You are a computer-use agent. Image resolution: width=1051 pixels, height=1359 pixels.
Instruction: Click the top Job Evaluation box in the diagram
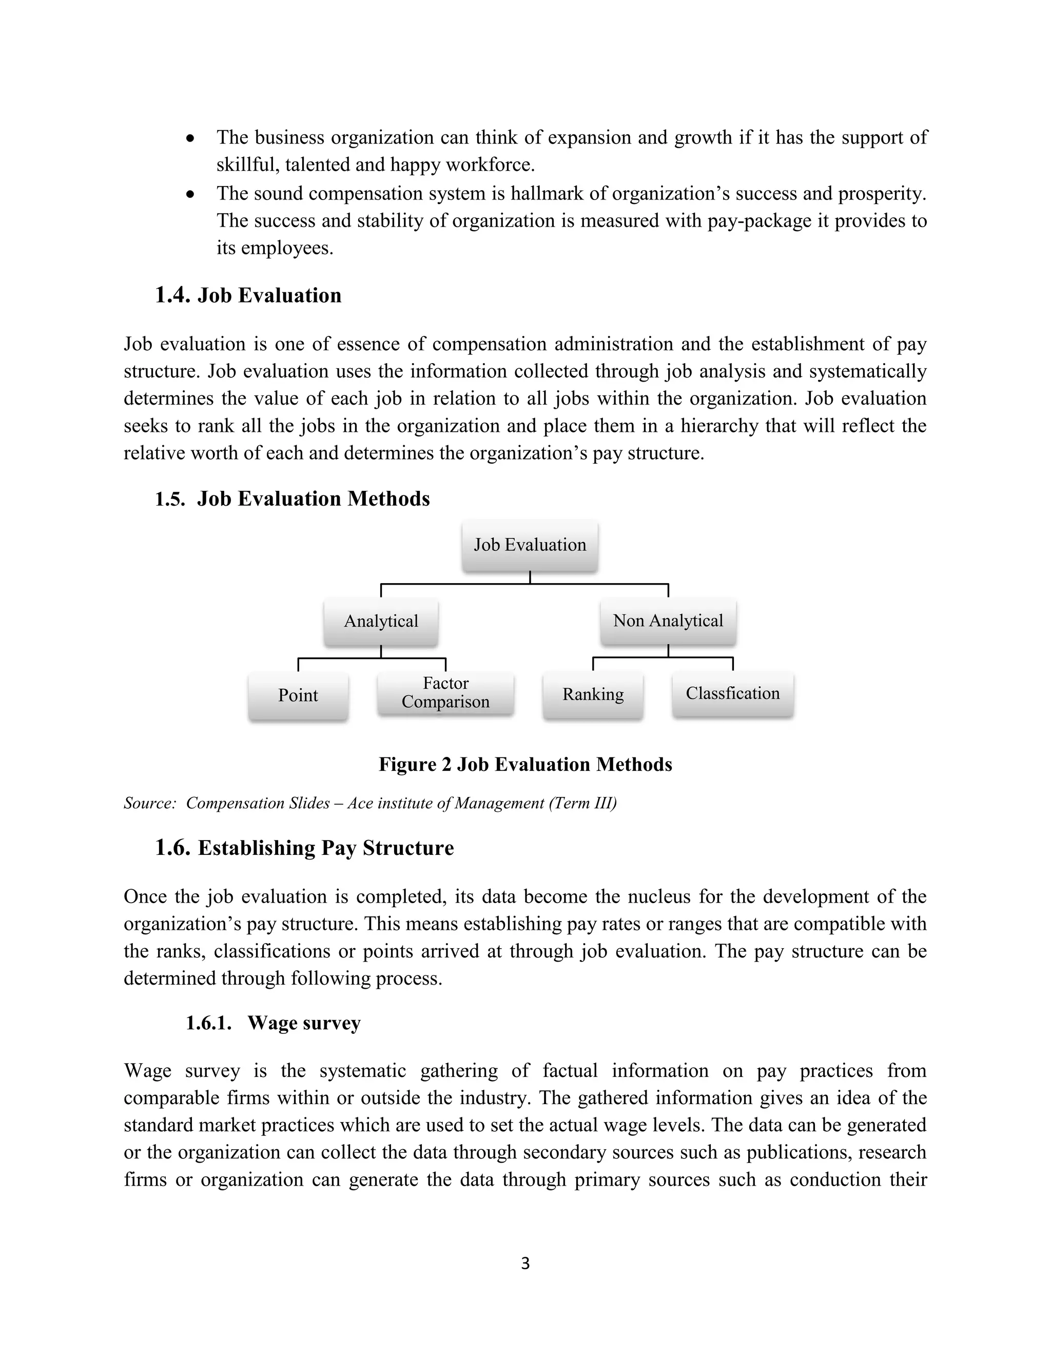[x=530, y=546]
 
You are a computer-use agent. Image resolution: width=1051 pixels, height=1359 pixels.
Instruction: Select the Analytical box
[x=381, y=621]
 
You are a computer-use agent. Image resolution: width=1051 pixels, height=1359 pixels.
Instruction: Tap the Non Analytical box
[x=668, y=621]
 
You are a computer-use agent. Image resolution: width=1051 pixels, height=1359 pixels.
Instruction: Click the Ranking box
[x=593, y=694]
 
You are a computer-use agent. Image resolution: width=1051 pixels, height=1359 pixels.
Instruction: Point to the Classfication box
[x=733, y=693]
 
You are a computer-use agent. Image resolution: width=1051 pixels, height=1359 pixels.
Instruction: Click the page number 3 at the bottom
[x=525, y=1263]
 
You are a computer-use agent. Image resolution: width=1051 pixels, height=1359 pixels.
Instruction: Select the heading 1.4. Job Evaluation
[x=248, y=295]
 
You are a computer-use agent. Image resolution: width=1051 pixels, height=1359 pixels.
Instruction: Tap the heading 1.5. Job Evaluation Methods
[x=292, y=498]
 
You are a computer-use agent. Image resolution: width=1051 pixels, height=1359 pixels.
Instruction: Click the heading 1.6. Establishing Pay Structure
[x=304, y=848]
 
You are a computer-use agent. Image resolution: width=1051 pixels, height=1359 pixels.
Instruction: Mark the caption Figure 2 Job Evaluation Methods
[x=525, y=764]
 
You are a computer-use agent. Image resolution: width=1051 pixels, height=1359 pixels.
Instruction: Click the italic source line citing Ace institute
[x=370, y=803]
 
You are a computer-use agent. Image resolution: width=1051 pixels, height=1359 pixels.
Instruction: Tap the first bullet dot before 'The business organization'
[x=191, y=138]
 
